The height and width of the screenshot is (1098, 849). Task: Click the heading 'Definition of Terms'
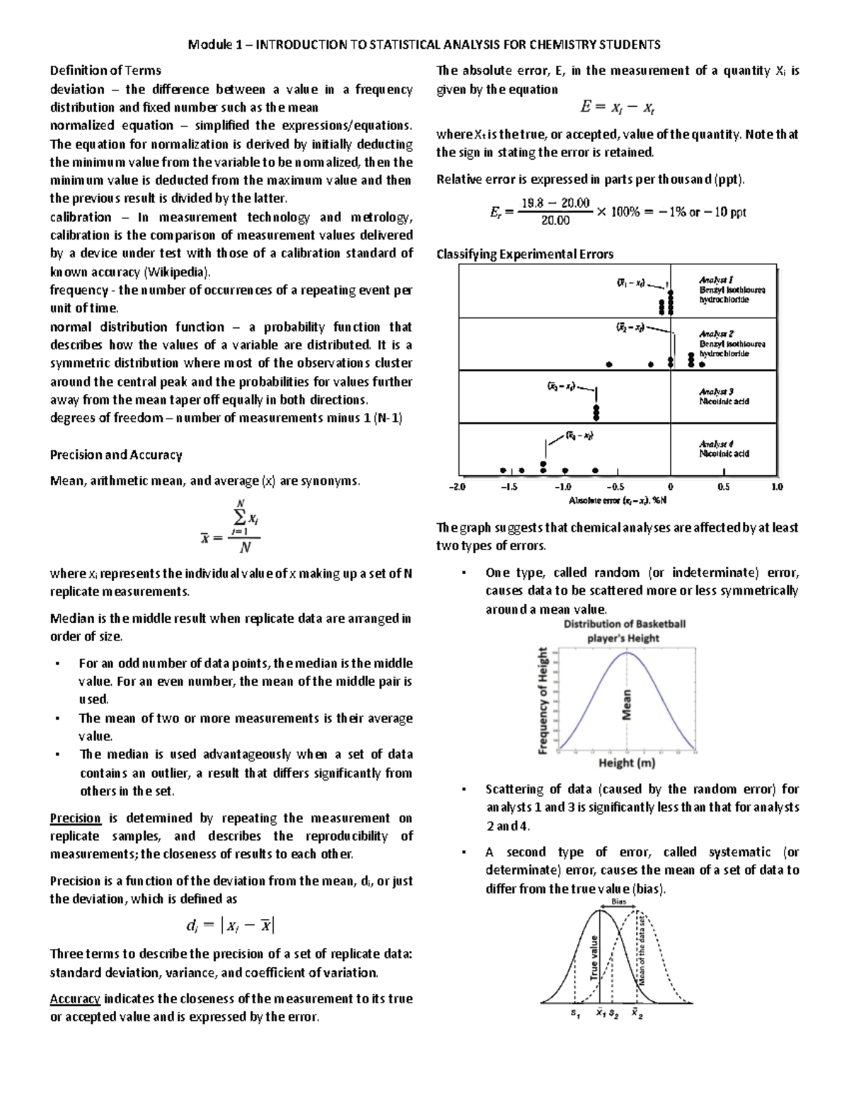105,70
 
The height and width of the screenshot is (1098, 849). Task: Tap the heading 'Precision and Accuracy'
116,455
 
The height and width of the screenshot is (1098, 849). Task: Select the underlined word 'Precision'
75,818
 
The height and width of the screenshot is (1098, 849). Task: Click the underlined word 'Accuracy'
75,998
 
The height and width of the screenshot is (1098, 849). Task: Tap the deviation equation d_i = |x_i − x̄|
230,925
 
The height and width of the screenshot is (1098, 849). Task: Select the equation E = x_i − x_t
617,107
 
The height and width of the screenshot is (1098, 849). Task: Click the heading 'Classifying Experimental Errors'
524,254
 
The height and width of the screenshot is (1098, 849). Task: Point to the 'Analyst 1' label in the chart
715,280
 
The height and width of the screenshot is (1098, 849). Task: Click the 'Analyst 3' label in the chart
716,392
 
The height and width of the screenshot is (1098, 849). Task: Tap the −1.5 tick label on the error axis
509,487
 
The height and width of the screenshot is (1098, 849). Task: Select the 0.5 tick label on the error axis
724,487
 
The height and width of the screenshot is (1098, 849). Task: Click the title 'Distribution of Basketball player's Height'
624,631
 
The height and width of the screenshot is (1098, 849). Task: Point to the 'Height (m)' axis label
627,763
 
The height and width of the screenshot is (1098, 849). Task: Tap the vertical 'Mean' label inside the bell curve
626,705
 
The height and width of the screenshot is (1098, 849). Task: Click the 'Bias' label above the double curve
618,901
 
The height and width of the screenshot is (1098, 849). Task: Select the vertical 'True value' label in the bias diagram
594,957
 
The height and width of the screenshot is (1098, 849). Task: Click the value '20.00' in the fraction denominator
555,220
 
